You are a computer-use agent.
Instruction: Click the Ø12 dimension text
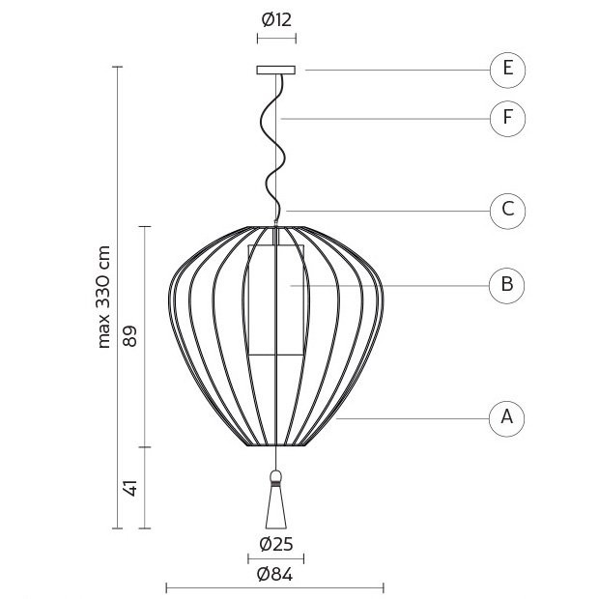pyautogui.click(x=276, y=20)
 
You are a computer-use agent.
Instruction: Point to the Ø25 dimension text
pyautogui.click(x=276, y=544)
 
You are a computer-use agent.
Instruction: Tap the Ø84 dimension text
pyautogui.click(x=275, y=574)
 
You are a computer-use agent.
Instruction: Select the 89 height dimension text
pyautogui.click(x=129, y=336)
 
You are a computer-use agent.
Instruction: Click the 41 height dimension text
pyautogui.click(x=130, y=488)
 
